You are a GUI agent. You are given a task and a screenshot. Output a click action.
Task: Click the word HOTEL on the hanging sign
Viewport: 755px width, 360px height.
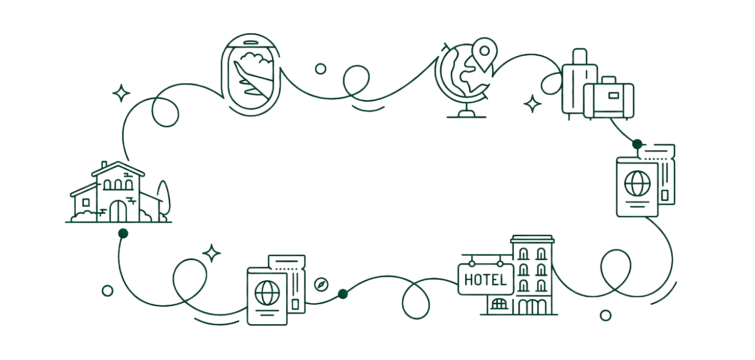pyautogui.click(x=486, y=280)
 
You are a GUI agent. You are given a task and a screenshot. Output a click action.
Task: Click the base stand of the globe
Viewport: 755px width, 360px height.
pyautogui.click(x=467, y=114)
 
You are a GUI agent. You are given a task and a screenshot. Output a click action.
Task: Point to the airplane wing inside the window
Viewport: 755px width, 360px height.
pyautogui.click(x=253, y=79)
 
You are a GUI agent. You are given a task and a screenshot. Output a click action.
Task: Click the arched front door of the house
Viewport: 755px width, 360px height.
pyautogui.click(x=118, y=211)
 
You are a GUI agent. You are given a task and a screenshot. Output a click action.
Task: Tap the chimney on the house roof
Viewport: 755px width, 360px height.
pyautogui.click(x=104, y=165)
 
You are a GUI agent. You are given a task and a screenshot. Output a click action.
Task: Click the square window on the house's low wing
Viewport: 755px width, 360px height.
pyautogui.click(x=86, y=202)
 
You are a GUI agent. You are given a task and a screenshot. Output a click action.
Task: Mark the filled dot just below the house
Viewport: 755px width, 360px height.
pyautogui.click(x=123, y=233)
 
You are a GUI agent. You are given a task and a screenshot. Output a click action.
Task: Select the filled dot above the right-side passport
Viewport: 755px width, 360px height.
pyautogui.click(x=637, y=144)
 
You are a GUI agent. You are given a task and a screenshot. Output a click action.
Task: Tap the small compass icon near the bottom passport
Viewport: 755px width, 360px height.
pyautogui.click(x=321, y=284)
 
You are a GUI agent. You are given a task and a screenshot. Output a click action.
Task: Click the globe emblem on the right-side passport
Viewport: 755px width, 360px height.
pyautogui.click(x=637, y=184)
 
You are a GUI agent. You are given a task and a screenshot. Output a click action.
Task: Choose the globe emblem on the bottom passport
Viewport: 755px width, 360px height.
pyautogui.click(x=267, y=293)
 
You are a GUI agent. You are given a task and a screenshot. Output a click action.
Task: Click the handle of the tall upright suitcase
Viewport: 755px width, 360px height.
pyautogui.click(x=580, y=56)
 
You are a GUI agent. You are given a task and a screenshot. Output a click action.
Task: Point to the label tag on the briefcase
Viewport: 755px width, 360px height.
pyautogui.click(x=613, y=96)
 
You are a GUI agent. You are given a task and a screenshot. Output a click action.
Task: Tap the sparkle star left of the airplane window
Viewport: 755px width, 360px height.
pyautogui.click(x=121, y=93)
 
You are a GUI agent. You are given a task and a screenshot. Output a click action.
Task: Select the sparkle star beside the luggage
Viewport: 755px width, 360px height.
pyautogui.click(x=533, y=104)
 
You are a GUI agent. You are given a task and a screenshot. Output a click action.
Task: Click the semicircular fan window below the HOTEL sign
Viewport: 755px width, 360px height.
pyautogui.click(x=499, y=304)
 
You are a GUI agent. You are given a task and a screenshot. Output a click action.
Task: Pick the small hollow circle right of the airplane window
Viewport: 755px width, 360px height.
pyautogui.click(x=321, y=69)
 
